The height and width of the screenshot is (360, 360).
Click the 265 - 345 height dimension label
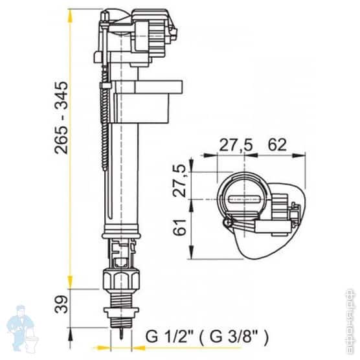(62, 117)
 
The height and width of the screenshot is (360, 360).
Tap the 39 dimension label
(62, 304)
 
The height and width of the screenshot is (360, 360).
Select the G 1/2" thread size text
(170, 336)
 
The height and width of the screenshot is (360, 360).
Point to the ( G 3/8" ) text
(234, 337)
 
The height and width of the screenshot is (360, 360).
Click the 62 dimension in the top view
(278, 145)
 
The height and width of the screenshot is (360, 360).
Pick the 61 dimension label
(179, 227)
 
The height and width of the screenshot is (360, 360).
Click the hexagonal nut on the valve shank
(121, 280)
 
